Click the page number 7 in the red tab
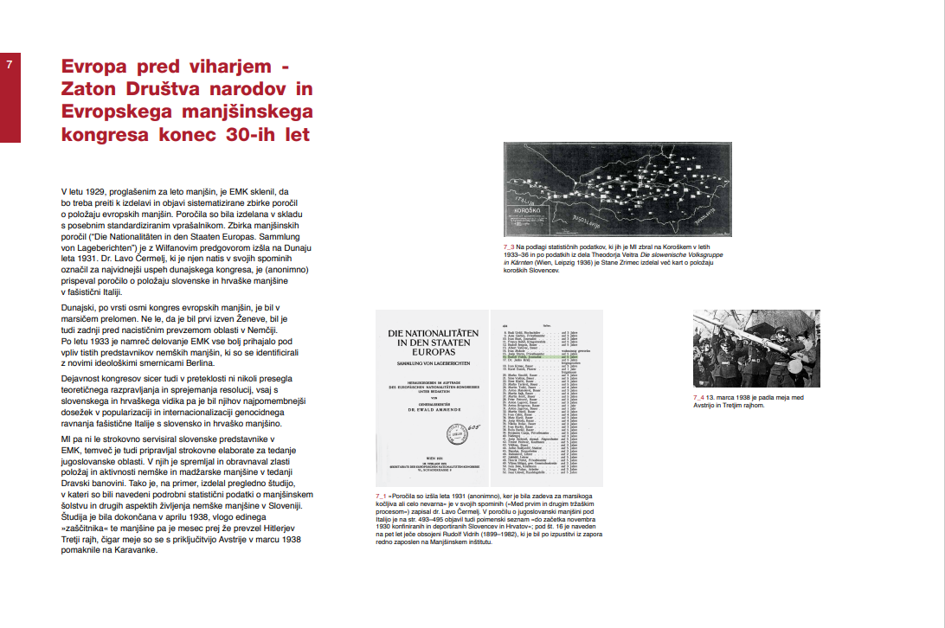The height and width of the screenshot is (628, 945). pos(9,64)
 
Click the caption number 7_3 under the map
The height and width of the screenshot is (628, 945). pos(509,247)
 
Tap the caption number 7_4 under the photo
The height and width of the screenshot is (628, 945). pos(699,397)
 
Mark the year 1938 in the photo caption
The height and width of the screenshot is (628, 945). pos(745,397)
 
